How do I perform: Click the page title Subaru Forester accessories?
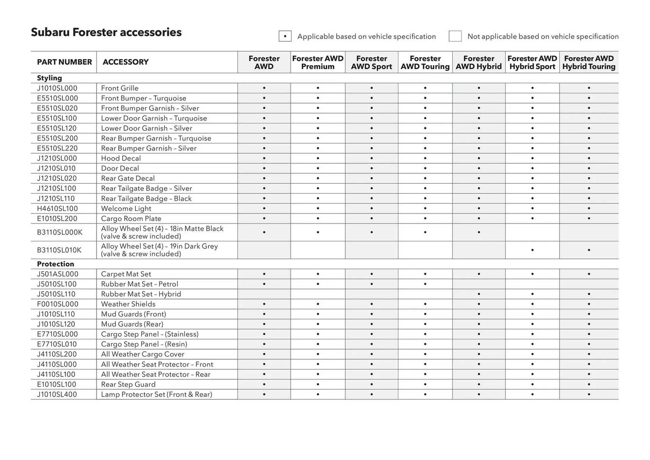click(x=106, y=33)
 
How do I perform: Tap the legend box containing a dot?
click(x=285, y=36)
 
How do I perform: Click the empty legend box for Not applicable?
click(x=455, y=36)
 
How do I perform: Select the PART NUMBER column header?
click(x=64, y=62)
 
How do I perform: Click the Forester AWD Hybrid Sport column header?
click(x=532, y=63)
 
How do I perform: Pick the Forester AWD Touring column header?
click(x=425, y=63)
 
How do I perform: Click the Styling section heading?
click(x=49, y=78)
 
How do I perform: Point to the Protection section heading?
click(x=56, y=264)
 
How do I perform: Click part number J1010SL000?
click(x=57, y=88)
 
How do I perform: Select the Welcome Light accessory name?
click(x=126, y=209)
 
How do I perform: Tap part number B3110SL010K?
click(x=59, y=250)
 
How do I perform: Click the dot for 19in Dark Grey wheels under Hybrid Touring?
click(x=589, y=250)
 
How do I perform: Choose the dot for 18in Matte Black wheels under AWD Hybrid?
click(x=479, y=232)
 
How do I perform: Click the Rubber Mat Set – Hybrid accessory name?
click(x=141, y=294)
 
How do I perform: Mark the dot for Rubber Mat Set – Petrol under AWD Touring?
click(x=425, y=284)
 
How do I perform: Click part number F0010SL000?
click(x=58, y=304)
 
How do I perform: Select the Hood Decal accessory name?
click(x=121, y=158)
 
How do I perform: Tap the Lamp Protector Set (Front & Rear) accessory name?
click(x=156, y=394)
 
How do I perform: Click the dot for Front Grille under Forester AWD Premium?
click(x=318, y=88)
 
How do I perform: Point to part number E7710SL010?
click(x=57, y=344)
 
